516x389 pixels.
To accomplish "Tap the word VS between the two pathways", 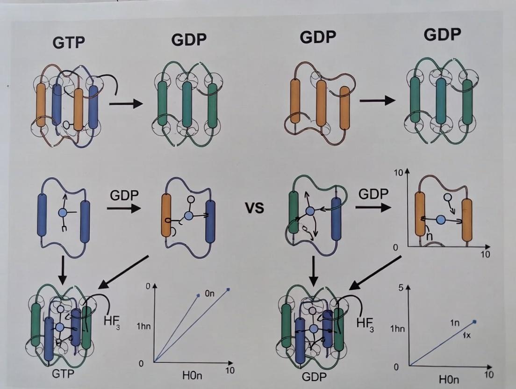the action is tap(254, 207).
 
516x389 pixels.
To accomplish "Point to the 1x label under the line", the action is tap(466, 336).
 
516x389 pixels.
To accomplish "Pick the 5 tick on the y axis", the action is tap(401, 288).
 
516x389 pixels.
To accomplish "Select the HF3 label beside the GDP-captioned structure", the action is tap(365, 323).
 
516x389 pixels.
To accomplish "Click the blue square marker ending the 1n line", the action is tap(475, 322).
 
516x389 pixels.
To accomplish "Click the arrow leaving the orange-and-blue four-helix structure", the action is tap(126, 103).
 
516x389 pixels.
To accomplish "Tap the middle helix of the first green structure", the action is tap(187, 103).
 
